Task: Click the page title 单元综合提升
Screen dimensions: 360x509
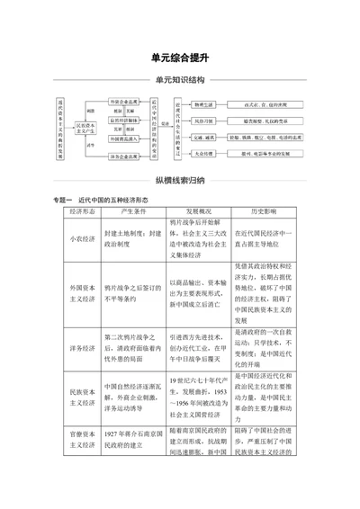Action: point(180,56)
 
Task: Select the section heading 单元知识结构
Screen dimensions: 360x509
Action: point(180,81)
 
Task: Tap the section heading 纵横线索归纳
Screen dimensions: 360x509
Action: point(180,178)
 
